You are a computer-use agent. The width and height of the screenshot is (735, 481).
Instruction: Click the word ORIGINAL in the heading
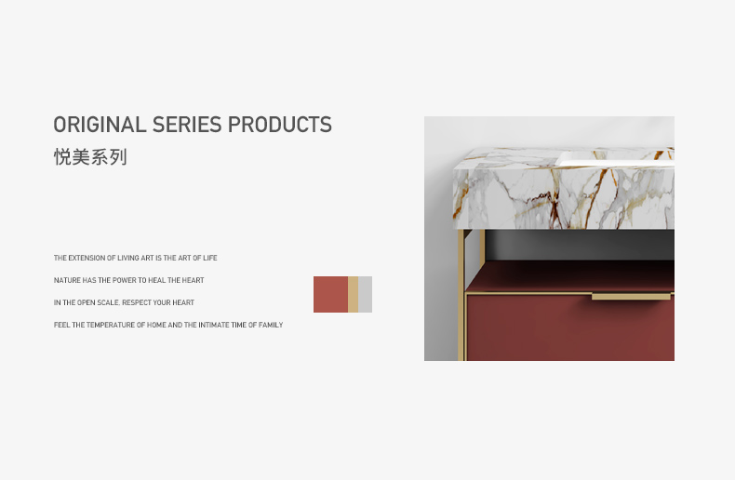(100, 125)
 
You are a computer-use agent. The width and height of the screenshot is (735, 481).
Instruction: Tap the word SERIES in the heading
(187, 125)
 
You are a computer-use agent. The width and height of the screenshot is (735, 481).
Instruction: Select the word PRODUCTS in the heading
(280, 125)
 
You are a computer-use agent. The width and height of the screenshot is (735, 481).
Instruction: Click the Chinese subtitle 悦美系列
(90, 157)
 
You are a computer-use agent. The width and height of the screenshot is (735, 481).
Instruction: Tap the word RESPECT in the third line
(137, 303)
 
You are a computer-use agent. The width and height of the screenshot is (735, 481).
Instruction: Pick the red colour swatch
(330, 294)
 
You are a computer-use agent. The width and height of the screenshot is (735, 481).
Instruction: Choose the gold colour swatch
(353, 294)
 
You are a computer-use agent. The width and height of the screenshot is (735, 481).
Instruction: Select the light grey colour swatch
(365, 294)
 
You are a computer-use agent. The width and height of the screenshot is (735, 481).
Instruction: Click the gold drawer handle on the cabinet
(631, 296)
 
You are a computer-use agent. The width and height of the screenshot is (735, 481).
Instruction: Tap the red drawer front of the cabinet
(570, 328)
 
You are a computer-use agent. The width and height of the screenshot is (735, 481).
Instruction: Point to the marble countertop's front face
(564, 199)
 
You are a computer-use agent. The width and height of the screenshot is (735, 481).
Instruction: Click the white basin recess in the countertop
(615, 159)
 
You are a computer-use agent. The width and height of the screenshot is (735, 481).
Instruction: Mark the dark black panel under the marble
(580, 245)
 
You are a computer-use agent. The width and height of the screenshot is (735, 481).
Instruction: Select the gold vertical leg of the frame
(461, 295)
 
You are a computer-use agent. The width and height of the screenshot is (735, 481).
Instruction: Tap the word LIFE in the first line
(210, 258)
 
